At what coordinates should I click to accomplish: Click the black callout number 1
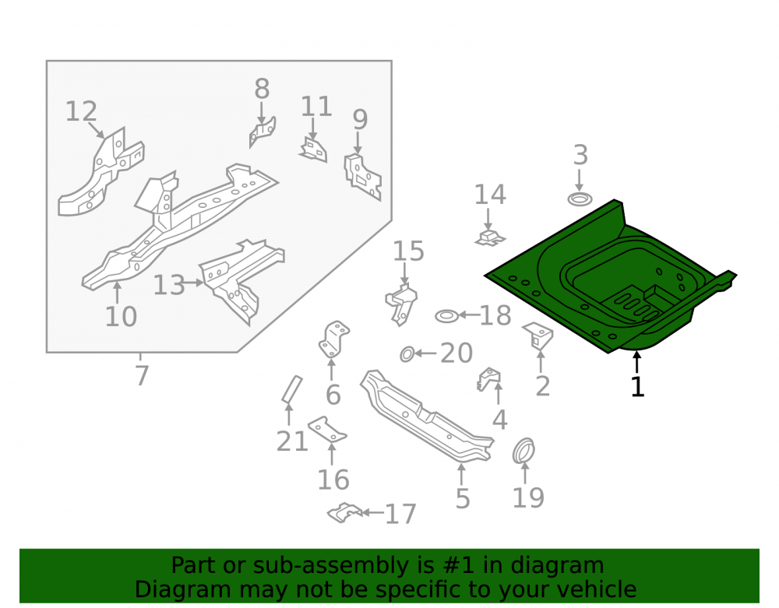(637, 387)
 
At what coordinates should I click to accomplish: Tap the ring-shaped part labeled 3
(580, 199)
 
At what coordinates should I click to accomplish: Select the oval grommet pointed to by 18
(446, 315)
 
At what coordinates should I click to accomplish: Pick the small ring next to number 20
(407, 354)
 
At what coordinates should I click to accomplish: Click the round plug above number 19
(523, 451)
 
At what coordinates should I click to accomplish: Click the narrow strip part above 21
(291, 389)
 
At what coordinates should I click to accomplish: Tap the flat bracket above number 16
(327, 429)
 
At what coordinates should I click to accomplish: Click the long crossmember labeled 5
(427, 416)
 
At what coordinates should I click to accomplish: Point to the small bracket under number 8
(263, 132)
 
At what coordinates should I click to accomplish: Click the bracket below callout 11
(313, 150)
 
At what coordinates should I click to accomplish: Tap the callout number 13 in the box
(169, 286)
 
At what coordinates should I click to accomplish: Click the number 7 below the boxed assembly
(142, 375)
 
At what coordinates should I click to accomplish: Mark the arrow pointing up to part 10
(118, 292)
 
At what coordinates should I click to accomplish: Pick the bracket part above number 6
(333, 339)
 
